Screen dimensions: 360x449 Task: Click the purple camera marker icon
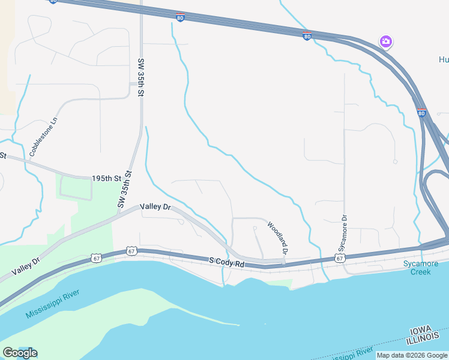[x=386, y=42]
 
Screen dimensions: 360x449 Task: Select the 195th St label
[x=107, y=179]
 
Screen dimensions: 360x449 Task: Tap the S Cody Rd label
[x=227, y=262]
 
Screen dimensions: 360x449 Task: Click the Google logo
[x=19, y=353]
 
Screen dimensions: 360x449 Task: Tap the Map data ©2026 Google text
[x=412, y=355]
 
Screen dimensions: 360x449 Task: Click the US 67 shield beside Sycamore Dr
[x=340, y=258]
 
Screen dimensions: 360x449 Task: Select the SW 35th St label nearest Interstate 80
[x=141, y=78]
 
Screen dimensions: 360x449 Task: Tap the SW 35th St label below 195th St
[x=125, y=190]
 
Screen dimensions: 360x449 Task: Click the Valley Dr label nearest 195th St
[x=155, y=207]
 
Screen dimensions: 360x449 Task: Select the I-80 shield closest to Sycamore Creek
[x=421, y=112]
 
